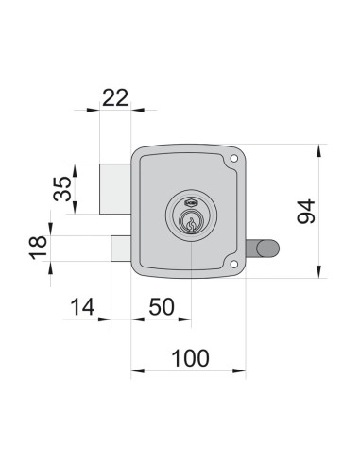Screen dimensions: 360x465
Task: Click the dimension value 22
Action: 115,98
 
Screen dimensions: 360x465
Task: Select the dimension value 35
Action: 62,189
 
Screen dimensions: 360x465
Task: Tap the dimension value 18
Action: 38,248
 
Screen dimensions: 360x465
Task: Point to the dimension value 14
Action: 82,307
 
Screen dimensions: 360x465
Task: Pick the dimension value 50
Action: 162,307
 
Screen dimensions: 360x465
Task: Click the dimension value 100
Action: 190,358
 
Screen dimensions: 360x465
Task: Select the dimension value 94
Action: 306,212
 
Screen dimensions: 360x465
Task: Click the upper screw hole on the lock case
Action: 233,159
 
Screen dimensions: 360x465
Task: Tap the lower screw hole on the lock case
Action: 233,265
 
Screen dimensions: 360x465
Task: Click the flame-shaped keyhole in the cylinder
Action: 191,224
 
